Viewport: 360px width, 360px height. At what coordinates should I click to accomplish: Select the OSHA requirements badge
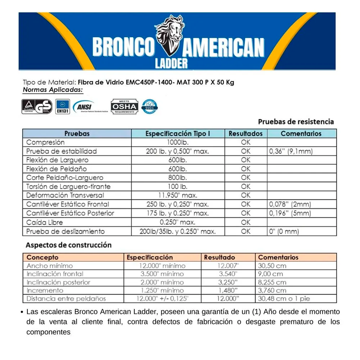124,107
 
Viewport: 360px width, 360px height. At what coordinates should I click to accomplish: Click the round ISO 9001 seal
150,106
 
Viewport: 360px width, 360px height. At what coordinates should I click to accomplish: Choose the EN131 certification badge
62,107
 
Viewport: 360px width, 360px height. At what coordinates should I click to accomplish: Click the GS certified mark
37,107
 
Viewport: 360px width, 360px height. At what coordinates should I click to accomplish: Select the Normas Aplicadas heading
53,90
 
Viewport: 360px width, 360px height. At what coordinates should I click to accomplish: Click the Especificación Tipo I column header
178,134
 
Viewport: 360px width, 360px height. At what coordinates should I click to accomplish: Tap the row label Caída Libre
45,222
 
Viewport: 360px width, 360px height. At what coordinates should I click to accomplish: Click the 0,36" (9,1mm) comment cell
291,151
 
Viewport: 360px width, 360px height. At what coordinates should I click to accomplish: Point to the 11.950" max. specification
178,195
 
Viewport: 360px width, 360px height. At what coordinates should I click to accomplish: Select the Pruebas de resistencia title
296,122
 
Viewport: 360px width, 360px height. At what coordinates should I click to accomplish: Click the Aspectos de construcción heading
69,245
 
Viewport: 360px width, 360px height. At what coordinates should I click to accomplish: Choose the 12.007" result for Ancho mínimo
228,266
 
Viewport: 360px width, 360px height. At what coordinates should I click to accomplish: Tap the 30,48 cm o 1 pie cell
284,299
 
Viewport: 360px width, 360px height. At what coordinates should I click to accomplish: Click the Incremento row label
45,290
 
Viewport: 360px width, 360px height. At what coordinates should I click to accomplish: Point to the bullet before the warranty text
22,313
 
